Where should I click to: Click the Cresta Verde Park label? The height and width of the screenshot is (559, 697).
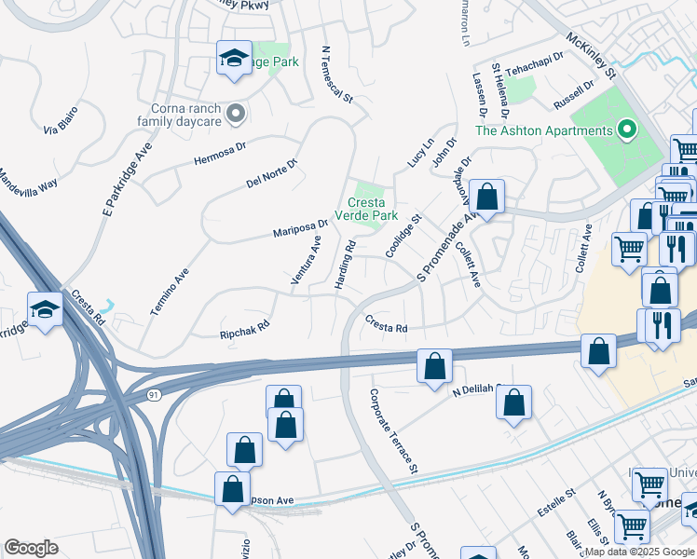tap(373, 210)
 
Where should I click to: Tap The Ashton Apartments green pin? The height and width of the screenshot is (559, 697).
tap(627, 130)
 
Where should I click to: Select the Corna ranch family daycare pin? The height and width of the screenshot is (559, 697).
tap(236, 115)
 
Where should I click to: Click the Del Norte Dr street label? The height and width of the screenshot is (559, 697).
tap(271, 171)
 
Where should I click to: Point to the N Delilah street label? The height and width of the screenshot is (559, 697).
tap(477, 391)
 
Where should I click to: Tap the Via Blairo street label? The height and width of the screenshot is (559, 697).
tap(60, 125)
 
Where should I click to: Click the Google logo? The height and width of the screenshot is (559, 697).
tap(31, 548)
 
